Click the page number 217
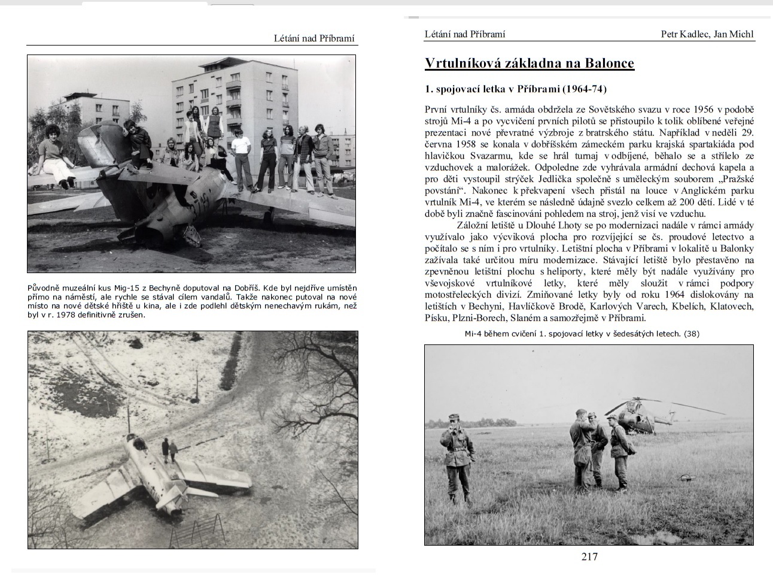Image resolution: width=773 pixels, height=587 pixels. point(589,557)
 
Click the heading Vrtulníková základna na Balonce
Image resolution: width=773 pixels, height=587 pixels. point(529,63)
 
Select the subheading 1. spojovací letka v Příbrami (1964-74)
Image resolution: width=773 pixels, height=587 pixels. point(515,89)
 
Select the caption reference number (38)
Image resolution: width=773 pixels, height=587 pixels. point(691,334)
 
